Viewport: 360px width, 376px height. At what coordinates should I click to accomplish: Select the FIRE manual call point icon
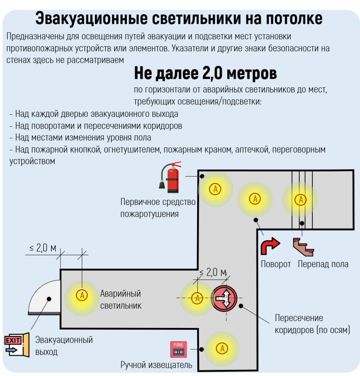click(x=178, y=349)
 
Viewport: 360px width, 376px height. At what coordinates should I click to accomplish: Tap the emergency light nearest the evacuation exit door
click(x=81, y=295)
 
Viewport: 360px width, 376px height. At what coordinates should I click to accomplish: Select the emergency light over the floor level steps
click(x=301, y=199)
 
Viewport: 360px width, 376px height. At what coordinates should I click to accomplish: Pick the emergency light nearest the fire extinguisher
click(x=215, y=189)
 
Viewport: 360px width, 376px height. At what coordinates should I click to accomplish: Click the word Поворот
click(x=276, y=264)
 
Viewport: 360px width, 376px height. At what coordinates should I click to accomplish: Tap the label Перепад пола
click(x=323, y=264)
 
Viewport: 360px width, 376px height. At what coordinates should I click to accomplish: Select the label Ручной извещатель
click(x=156, y=365)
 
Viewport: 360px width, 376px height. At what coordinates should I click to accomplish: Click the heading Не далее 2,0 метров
click(x=205, y=74)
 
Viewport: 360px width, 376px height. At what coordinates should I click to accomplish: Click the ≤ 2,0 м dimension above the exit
click(x=43, y=248)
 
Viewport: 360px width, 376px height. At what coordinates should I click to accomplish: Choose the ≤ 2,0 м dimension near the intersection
click(x=213, y=272)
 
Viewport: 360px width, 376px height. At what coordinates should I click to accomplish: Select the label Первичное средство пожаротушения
click(x=158, y=208)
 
